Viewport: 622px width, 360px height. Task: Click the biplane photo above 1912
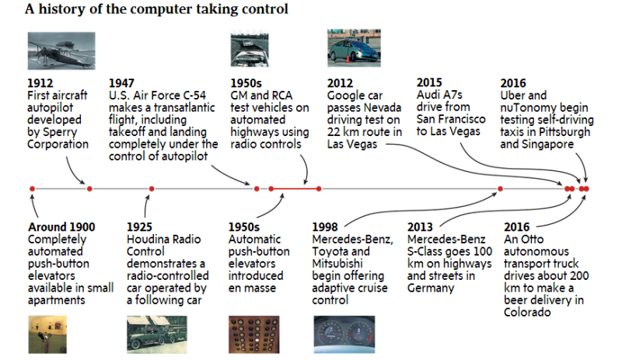click(61, 51)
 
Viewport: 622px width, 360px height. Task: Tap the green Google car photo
click(354, 47)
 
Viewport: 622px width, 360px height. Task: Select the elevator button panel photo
click(254, 334)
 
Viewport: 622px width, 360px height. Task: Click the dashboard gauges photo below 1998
click(344, 334)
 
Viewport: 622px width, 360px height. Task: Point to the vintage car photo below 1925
click(157, 334)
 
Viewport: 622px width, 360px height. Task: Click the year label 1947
click(121, 83)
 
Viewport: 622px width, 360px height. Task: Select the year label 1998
click(324, 226)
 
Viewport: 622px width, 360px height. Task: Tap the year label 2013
click(420, 226)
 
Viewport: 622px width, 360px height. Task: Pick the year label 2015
click(429, 82)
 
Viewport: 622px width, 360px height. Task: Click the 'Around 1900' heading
click(61, 226)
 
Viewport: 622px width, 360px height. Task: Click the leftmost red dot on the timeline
click(32, 189)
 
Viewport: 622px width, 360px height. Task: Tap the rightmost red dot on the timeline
click(586, 189)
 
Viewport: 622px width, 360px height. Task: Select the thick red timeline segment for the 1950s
click(295, 189)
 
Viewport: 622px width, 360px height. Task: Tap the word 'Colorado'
click(527, 313)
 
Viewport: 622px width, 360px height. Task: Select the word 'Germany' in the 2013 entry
click(431, 288)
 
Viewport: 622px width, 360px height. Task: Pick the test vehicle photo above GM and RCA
click(250, 49)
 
